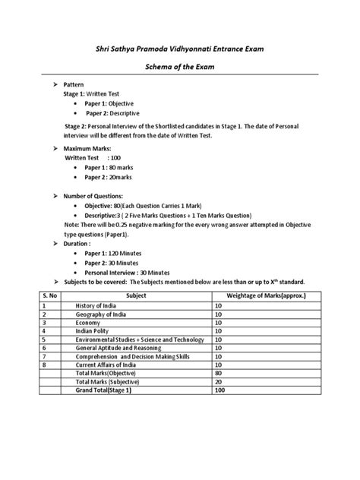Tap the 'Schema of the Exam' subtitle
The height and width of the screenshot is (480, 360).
click(x=180, y=68)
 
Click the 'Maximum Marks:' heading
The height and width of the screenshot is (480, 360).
click(x=88, y=148)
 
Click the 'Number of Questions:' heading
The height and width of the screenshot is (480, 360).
click(x=96, y=197)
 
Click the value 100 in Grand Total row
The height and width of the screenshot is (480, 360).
click(x=221, y=390)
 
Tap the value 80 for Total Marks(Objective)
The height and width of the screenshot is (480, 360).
click(x=219, y=373)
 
